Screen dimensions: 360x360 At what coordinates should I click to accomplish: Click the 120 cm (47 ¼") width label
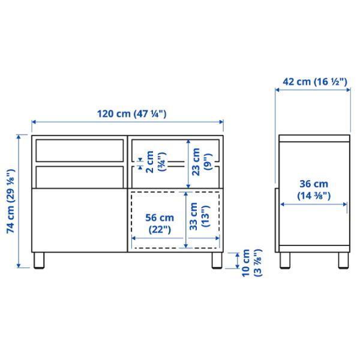click(132, 114)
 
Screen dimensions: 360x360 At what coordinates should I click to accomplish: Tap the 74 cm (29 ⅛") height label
click(11, 201)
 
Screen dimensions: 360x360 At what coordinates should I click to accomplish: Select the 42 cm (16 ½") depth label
click(315, 82)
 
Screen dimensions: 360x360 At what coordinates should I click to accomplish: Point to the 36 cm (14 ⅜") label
click(314, 190)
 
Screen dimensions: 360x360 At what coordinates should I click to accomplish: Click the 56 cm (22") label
click(160, 224)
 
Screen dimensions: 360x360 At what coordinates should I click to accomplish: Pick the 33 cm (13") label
click(199, 216)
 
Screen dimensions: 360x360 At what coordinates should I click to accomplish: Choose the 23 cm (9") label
click(202, 162)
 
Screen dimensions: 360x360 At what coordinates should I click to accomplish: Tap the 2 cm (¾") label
click(155, 162)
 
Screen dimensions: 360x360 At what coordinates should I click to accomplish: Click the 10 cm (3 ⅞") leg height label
click(251, 263)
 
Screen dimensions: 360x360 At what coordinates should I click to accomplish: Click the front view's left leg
click(39, 260)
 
